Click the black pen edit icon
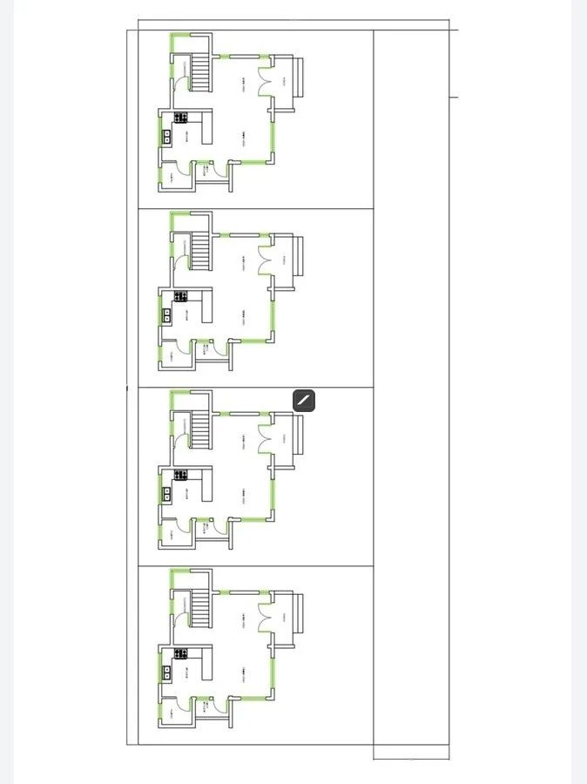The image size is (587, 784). point(304,401)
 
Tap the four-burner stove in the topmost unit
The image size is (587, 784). point(181,118)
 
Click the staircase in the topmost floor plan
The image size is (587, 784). point(201,73)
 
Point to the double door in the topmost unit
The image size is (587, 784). point(264,78)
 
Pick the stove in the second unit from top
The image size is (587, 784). point(181,297)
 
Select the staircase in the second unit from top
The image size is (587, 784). point(201,253)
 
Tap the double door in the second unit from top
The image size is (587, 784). point(264,257)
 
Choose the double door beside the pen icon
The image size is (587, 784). point(264,436)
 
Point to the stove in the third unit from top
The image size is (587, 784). point(181,476)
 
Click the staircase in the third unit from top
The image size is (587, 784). point(201,432)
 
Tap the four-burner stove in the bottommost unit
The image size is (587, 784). point(181,654)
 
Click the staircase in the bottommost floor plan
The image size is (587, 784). point(201,610)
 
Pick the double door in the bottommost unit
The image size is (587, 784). point(264,615)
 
